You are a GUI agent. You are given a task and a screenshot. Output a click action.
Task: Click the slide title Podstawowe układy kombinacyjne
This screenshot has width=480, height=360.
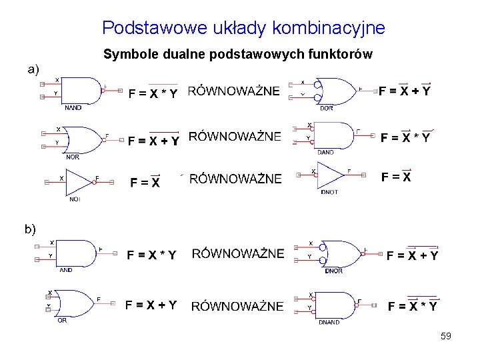click(243, 28)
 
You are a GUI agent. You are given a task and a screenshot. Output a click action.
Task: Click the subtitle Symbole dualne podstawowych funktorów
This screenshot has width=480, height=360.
click(238, 54)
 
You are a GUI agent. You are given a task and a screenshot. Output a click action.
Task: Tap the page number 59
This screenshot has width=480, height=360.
click(446, 337)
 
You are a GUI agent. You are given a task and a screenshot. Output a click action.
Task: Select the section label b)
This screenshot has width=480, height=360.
click(30, 229)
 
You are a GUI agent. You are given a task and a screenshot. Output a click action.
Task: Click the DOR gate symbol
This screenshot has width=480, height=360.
click(333, 90)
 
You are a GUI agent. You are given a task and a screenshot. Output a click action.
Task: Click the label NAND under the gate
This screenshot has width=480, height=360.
click(73, 107)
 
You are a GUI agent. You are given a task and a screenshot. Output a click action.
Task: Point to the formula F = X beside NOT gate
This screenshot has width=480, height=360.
click(145, 182)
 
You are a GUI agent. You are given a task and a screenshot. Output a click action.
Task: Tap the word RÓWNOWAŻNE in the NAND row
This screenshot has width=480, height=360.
click(234, 92)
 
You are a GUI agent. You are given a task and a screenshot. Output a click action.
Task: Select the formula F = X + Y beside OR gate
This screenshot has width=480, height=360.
click(151, 305)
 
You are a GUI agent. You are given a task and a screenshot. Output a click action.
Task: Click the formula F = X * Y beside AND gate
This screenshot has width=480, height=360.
click(152, 255)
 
